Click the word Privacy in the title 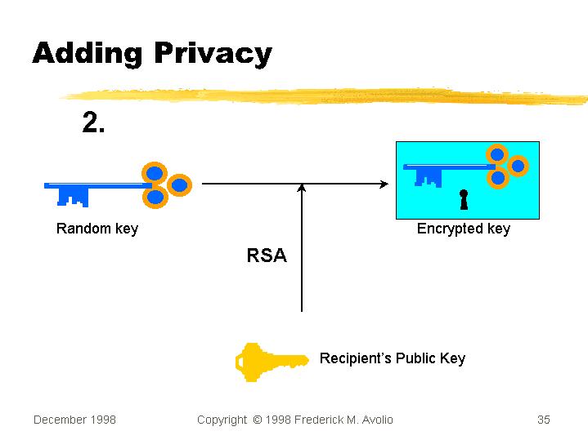[212, 54]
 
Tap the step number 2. [93, 123]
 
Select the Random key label [97, 229]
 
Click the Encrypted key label [463, 229]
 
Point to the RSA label [267, 256]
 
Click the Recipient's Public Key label [392, 358]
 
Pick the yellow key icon [271, 362]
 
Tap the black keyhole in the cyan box [464, 200]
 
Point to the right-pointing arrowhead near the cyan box [384, 184]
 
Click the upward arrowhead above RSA [302, 189]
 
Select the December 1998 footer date [74, 420]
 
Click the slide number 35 [544, 420]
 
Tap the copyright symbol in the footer [257, 420]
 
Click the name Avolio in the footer [375, 420]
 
